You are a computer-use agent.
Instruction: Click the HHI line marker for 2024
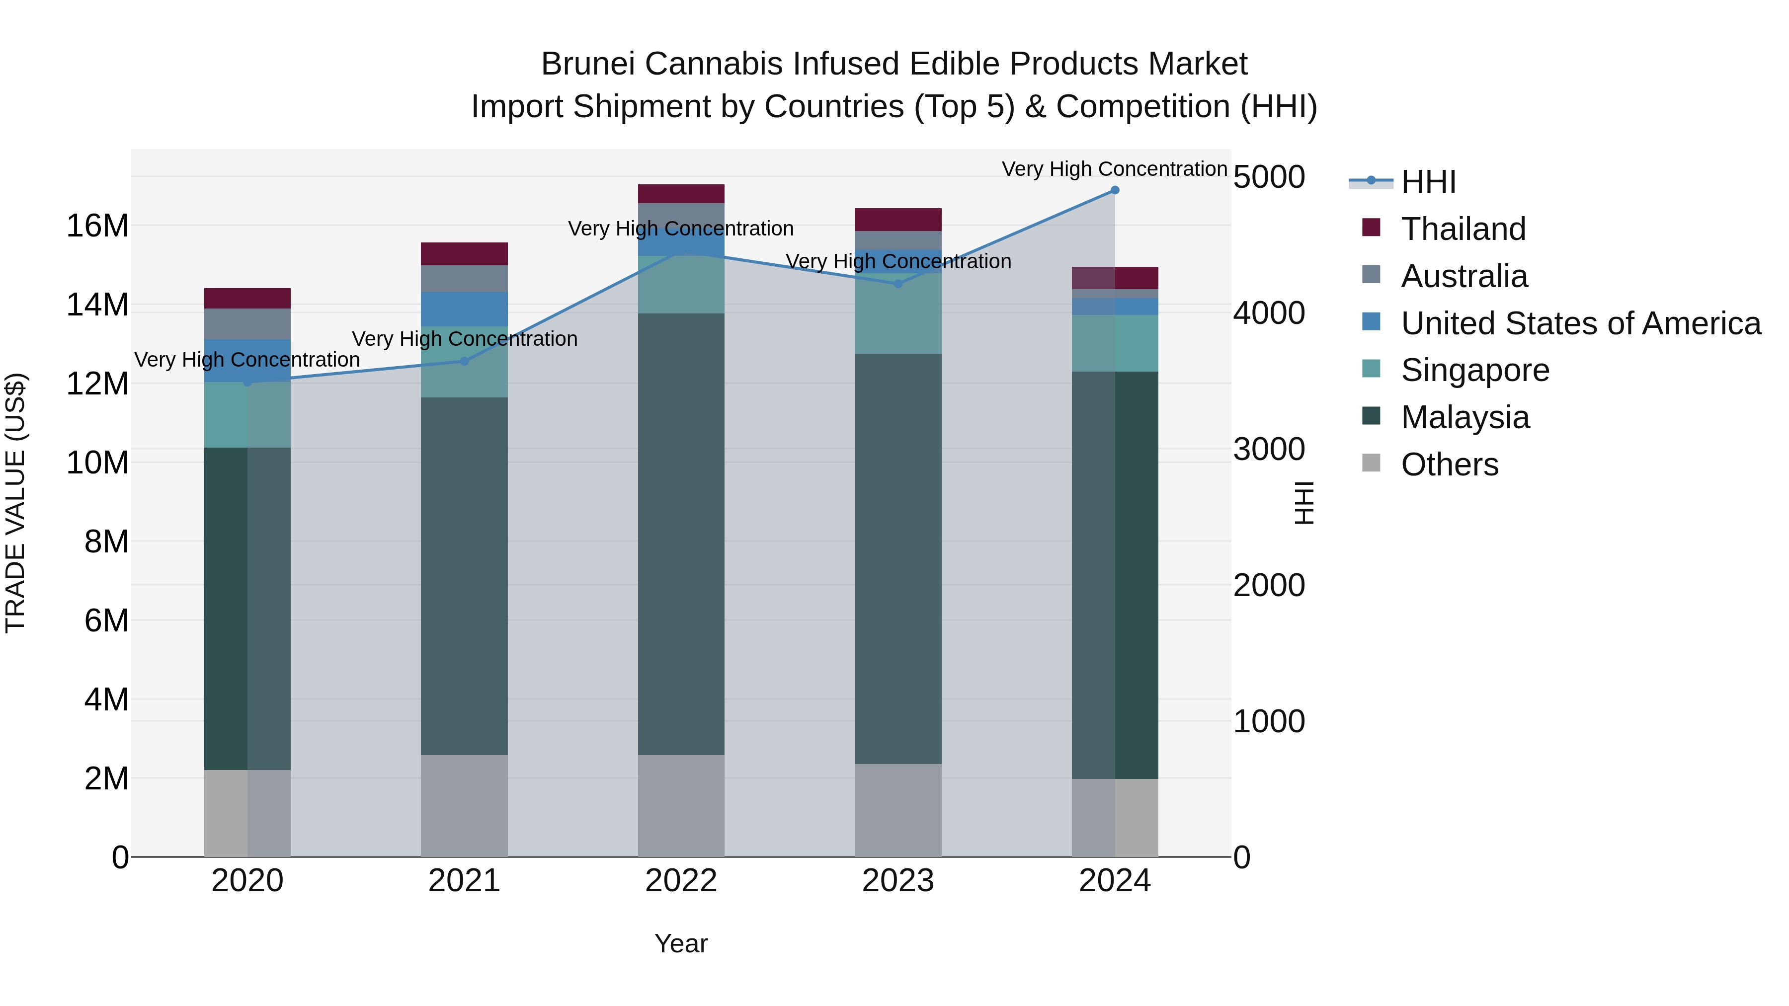click(1115, 190)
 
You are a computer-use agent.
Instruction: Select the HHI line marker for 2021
click(465, 361)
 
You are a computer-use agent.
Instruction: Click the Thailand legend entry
click(1463, 229)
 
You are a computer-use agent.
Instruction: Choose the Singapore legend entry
click(1474, 370)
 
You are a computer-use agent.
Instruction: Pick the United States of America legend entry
click(1580, 323)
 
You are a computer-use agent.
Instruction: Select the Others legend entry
click(1450, 464)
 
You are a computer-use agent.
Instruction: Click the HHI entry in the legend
click(1428, 182)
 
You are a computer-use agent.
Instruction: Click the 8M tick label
click(106, 542)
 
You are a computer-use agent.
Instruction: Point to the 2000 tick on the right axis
click(1269, 585)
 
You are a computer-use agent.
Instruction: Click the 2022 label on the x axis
click(681, 881)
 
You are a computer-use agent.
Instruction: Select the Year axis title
click(681, 943)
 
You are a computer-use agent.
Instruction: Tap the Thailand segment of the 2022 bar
click(681, 194)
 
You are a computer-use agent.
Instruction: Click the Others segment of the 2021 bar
click(464, 805)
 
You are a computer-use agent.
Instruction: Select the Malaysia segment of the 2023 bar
click(898, 559)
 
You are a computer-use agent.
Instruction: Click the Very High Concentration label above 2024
click(1114, 169)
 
